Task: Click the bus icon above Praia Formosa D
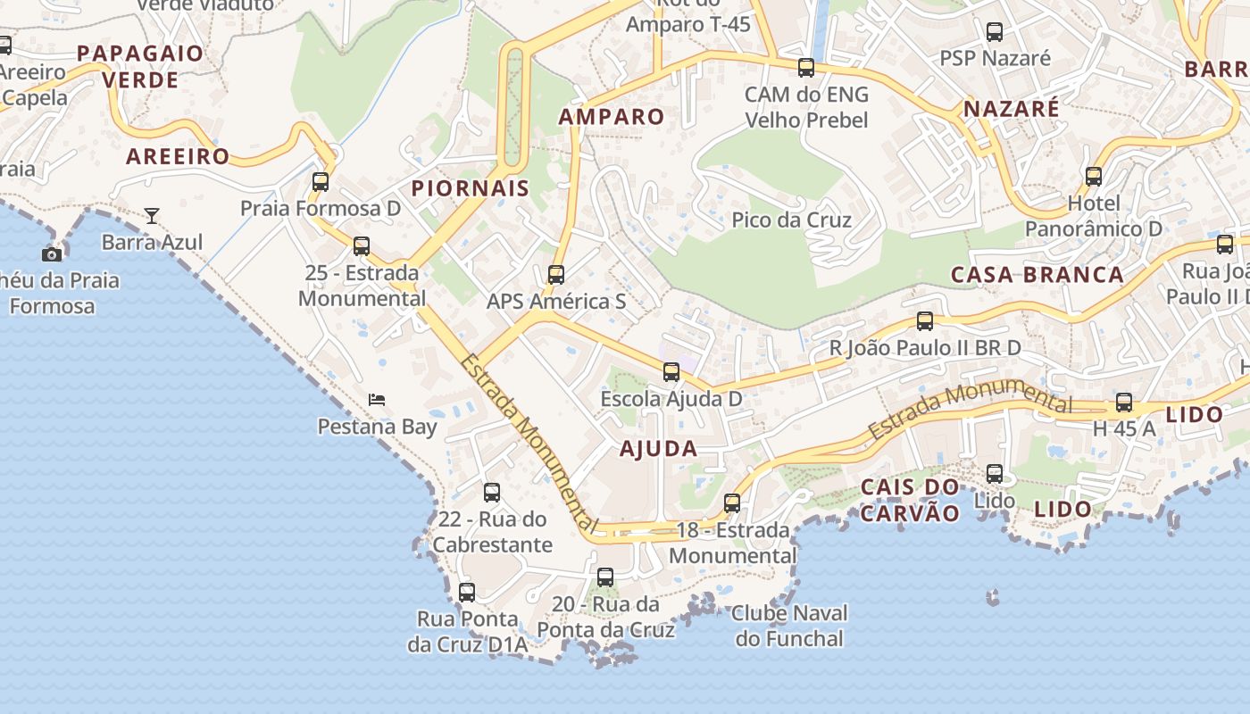pos(321,182)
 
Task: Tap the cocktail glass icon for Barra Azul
pos(152,216)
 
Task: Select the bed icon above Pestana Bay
pos(377,400)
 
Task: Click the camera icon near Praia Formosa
pos(52,254)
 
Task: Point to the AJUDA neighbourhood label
pos(658,449)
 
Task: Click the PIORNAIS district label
pos(470,188)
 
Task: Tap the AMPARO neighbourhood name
pos(612,117)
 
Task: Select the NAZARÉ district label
pos(1011,110)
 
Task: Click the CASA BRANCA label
pos(1037,275)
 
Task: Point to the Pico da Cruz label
pos(791,220)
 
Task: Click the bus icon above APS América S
pos(556,275)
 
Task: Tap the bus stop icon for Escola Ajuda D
pos(671,372)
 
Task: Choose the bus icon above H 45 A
pos(1124,403)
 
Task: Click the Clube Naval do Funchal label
pos(788,626)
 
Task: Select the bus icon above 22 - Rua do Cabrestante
pos(492,493)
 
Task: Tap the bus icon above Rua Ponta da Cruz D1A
pos(467,592)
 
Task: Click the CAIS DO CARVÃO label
pos(910,500)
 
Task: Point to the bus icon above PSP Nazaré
pos(995,32)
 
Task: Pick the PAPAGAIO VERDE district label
pos(140,67)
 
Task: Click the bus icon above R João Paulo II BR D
pos(925,321)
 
